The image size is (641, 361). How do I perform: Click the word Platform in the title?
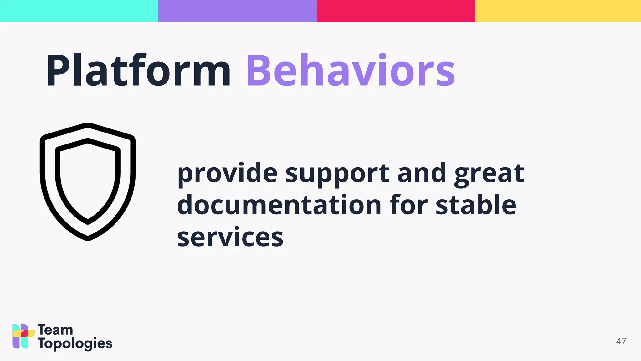coord(138,71)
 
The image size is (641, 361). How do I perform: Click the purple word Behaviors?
coord(351,71)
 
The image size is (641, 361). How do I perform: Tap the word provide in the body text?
coord(227,174)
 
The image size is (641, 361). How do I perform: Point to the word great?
coord(489,174)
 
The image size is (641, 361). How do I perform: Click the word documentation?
coord(279,205)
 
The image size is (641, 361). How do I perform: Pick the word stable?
coord(476,205)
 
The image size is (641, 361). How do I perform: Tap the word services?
coord(230,238)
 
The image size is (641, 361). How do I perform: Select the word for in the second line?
coord(408,205)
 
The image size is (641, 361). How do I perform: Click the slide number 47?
coord(621,341)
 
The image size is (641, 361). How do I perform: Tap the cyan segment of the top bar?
coord(79,11)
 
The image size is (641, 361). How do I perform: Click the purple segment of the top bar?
coord(237,11)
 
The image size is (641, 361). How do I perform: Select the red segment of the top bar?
coord(396,11)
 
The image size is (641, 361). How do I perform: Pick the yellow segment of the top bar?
coord(558,11)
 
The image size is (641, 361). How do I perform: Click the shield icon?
coord(88,182)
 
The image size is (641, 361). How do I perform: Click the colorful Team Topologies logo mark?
coord(23,336)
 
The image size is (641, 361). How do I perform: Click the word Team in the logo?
coord(55,330)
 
